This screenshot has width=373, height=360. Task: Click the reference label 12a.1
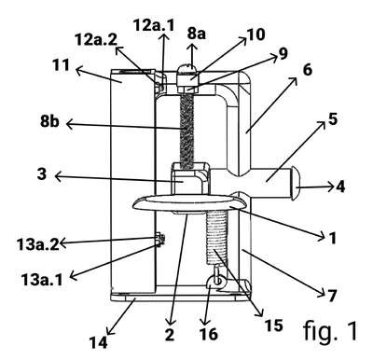pyautogui.click(x=154, y=25)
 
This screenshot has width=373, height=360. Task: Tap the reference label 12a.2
pyautogui.click(x=96, y=40)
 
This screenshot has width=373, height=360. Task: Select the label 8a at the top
pyautogui.click(x=197, y=34)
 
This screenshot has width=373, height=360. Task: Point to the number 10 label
pyautogui.click(x=256, y=35)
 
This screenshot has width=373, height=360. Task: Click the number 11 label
pyautogui.click(x=61, y=65)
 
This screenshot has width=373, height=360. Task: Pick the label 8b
pyautogui.click(x=49, y=122)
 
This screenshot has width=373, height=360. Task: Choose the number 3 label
pyautogui.click(x=42, y=174)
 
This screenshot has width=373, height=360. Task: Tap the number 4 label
pyautogui.click(x=340, y=187)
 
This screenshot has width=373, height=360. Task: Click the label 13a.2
pyautogui.click(x=38, y=245)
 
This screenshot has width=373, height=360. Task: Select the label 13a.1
pyautogui.click(x=42, y=280)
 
